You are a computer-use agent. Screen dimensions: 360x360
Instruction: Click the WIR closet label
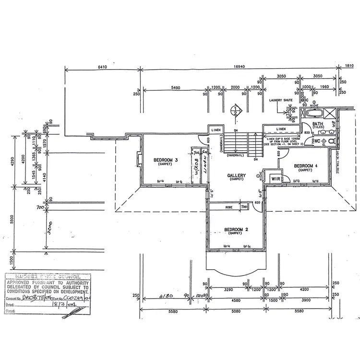[275, 178]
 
